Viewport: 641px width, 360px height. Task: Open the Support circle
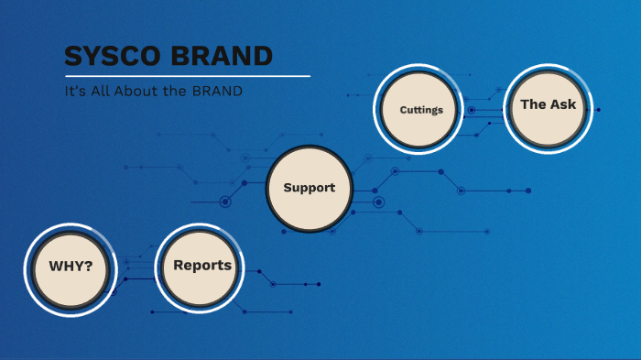(309, 188)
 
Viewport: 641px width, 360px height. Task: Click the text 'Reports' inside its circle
(202, 266)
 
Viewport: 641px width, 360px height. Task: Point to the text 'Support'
(309, 188)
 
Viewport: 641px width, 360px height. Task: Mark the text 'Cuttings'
(421, 110)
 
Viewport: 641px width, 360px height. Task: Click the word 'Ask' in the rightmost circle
(563, 104)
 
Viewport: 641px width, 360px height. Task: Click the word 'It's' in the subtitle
(75, 92)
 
